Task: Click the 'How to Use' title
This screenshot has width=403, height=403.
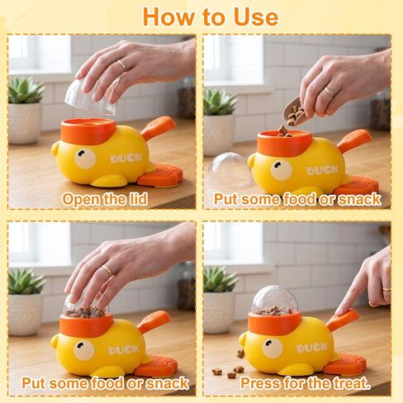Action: [x=211, y=17]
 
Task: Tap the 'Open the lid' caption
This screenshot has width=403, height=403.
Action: [x=105, y=199]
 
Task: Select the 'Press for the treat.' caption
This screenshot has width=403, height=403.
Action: [x=306, y=382]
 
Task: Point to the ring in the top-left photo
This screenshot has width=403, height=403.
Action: [x=121, y=65]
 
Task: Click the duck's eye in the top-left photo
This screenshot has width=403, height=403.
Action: [x=85, y=159]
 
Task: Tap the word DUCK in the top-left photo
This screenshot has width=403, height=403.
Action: [x=126, y=159]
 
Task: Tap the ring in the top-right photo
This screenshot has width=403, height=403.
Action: [x=330, y=92]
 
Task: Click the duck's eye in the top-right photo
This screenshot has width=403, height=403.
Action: [x=281, y=169]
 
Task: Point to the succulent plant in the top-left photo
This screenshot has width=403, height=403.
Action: [x=26, y=90]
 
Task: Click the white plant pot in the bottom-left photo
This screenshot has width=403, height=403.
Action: [x=26, y=315]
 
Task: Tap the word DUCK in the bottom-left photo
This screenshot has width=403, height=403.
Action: [x=124, y=350]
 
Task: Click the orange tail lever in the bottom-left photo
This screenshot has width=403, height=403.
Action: [x=154, y=321]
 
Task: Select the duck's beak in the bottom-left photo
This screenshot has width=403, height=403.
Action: [x=55, y=341]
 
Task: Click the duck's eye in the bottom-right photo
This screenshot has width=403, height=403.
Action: [x=272, y=348]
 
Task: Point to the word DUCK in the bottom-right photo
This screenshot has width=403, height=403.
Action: [x=312, y=348]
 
